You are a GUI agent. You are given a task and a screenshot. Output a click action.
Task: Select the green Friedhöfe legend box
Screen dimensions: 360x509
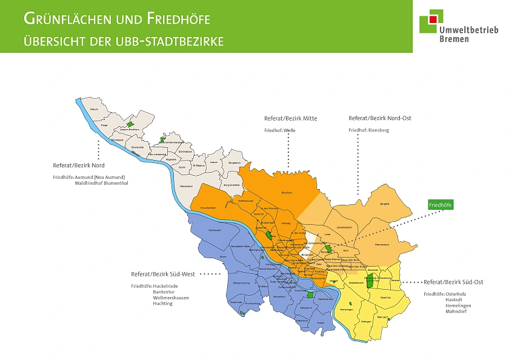[441, 205]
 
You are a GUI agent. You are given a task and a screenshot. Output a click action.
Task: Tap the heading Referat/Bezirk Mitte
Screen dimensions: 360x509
[290, 118]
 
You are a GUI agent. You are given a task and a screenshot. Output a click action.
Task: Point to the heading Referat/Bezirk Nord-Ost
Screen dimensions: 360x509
[380, 118]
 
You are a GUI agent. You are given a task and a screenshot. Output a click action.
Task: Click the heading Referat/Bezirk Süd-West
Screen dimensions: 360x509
[165, 274]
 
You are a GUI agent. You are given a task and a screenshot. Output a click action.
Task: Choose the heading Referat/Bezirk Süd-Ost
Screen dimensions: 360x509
[453, 282]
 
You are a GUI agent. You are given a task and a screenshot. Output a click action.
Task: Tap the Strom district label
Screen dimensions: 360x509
[223, 257]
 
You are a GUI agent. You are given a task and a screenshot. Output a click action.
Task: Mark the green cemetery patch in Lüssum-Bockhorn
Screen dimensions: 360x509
[129, 124]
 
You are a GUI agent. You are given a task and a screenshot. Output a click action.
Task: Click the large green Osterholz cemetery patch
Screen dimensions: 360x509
[369, 281]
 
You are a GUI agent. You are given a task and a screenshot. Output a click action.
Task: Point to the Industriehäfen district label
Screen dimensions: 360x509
[207, 207]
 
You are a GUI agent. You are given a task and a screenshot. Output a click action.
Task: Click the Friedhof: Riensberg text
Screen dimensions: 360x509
[369, 130]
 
